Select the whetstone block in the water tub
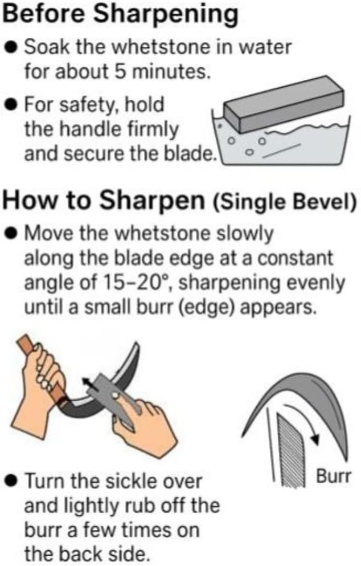[284, 104]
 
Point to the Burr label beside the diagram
[333, 477]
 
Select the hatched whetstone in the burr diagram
[290, 451]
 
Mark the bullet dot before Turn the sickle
[12, 481]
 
